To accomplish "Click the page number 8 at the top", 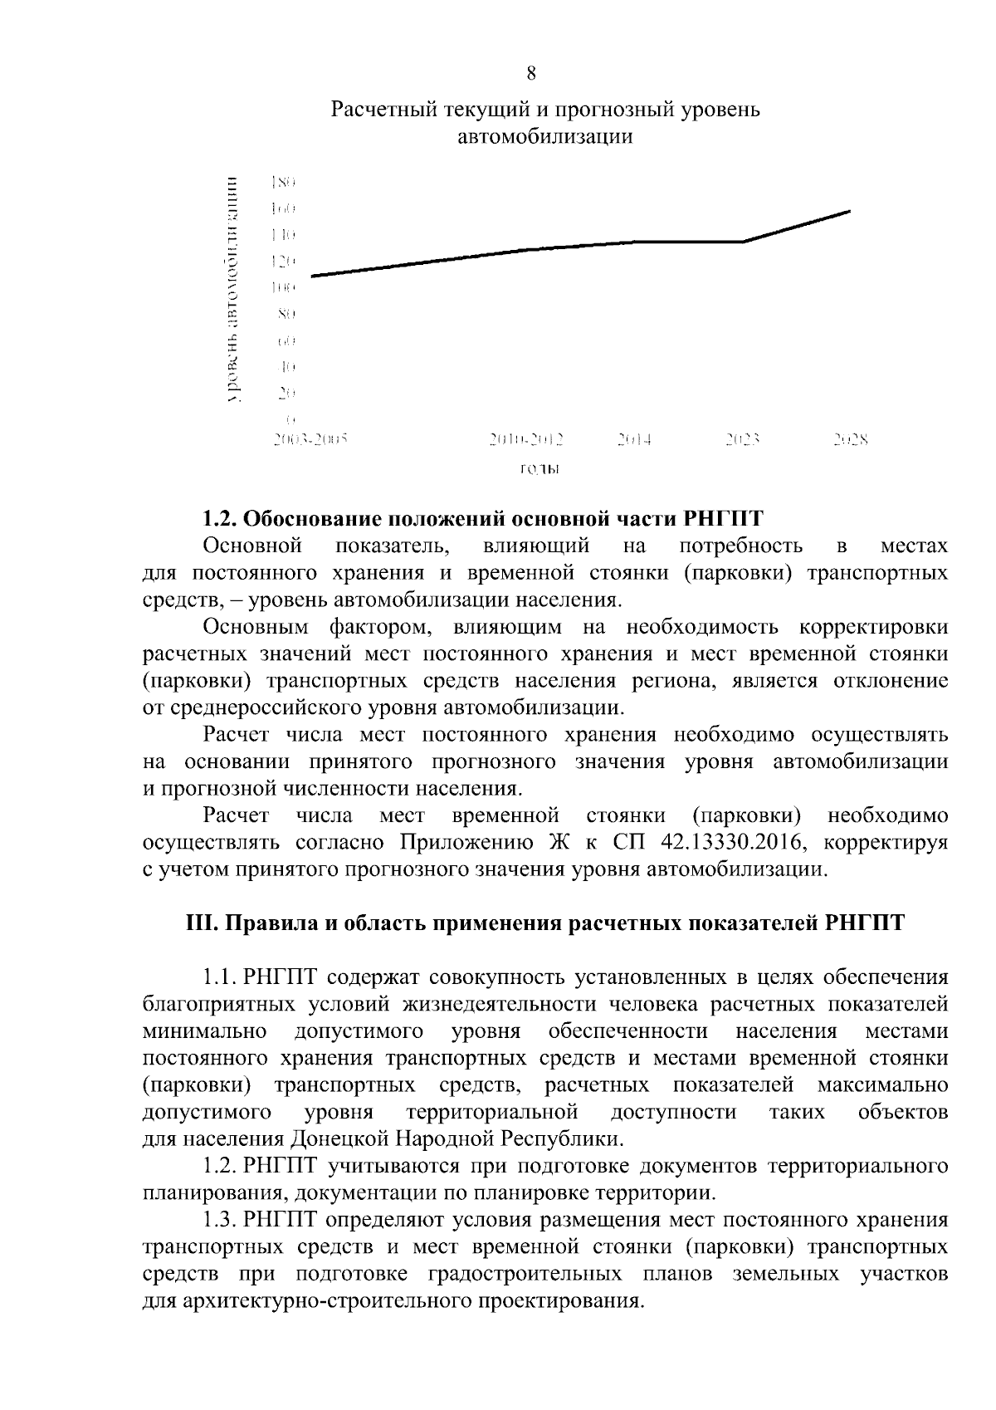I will (x=531, y=74).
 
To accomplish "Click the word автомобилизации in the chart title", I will (x=545, y=137).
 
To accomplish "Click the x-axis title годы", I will (x=539, y=469).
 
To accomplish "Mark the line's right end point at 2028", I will (x=850, y=211).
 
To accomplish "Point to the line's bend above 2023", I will (x=743, y=242).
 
